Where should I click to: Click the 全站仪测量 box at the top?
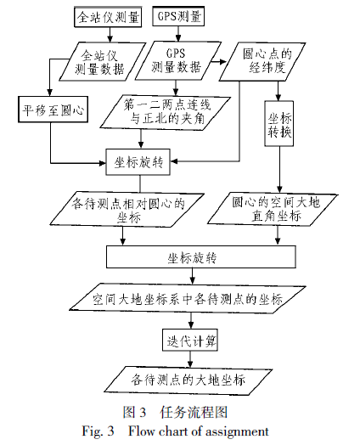click(x=108, y=17)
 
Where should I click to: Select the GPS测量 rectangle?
click(x=178, y=16)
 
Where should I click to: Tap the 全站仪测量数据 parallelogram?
click(x=103, y=62)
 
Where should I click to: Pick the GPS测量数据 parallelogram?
click(x=177, y=60)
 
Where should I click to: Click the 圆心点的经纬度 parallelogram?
click(x=262, y=62)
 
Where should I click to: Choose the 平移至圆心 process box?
click(x=53, y=110)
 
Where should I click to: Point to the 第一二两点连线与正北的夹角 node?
click(x=165, y=113)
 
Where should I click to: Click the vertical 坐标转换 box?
click(x=279, y=124)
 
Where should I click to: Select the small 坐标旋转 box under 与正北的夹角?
click(x=138, y=162)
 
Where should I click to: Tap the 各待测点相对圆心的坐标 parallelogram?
click(x=127, y=211)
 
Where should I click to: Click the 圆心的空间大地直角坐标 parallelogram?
click(x=273, y=210)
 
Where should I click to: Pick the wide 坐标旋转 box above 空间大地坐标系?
click(x=201, y=256)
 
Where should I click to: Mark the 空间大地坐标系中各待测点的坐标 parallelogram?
click(x=188, y=299)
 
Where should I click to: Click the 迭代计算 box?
click(x=190, y=341)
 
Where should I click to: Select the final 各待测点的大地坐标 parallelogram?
click(x=188, y=380)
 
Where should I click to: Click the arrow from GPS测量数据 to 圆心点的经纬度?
click(x=218, y=62)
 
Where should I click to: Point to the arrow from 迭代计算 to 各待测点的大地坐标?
click(x=190, y=359)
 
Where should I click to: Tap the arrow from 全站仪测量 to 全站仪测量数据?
click(x=110, y=35)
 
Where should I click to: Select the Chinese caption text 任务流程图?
click(x=194, y=412)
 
